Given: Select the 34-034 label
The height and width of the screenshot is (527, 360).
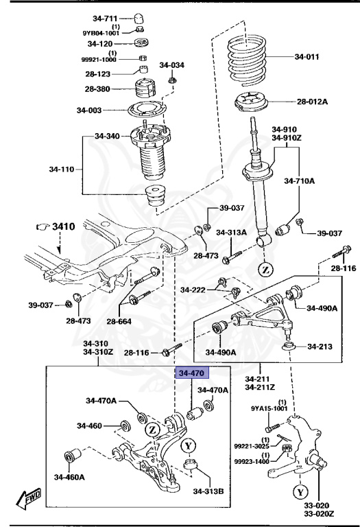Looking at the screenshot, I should [172, 66].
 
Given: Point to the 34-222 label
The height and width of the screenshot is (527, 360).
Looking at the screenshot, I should [195, 290].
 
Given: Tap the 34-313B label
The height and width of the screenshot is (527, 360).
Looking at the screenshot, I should [208, 491].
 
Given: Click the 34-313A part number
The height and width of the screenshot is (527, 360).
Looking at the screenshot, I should [231, 232].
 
